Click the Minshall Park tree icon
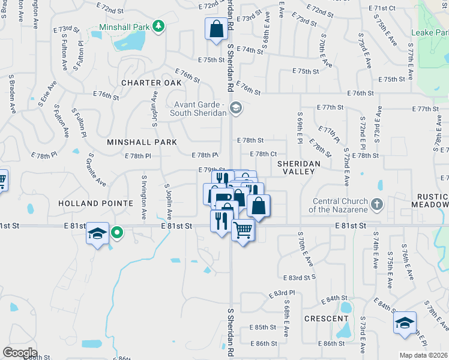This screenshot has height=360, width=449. (x=158, y=26)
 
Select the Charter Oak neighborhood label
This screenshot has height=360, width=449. (x=150, y=83)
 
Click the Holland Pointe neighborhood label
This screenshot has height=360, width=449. (x=95, y=203)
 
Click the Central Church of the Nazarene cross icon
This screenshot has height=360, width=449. (x=376, y=204)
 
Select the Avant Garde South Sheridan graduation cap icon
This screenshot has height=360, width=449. (x=236, y=108)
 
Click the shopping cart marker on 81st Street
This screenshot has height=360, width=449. (x=243, y=229)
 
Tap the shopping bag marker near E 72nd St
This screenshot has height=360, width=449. (x=215, y=29)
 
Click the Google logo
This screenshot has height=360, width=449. (x=20, y=353)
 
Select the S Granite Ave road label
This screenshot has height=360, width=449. (x=99, y=171)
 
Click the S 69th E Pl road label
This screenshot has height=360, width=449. (x=299, y=127)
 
